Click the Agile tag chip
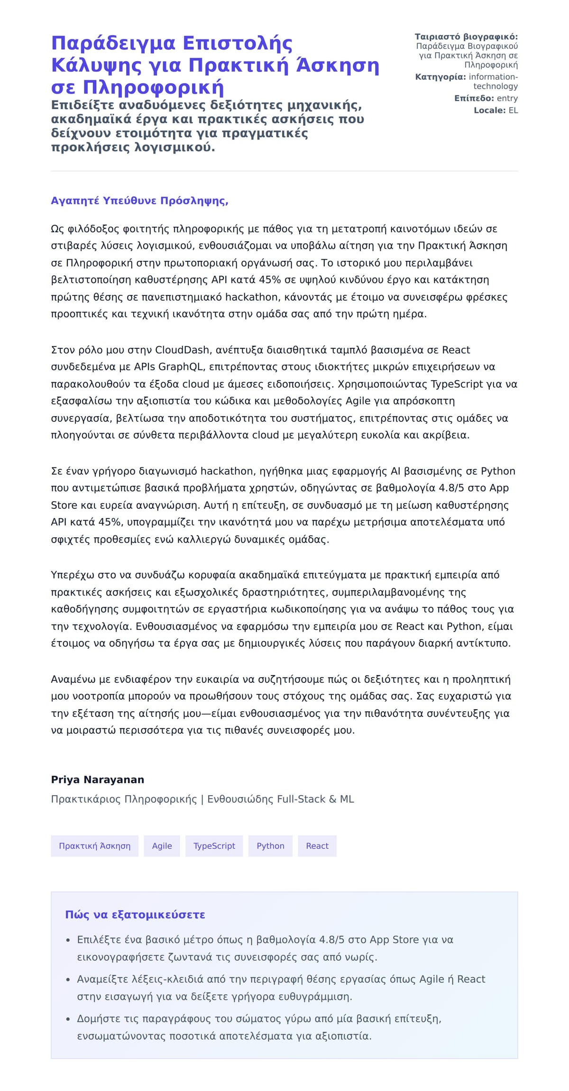pos(162,846)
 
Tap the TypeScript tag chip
pos(214,846)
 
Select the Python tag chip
pos(270,846)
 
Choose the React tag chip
pos(317,846)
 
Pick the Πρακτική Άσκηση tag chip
pos(94,846)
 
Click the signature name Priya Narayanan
pos(98,779)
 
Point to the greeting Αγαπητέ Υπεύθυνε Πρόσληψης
pos(139,201)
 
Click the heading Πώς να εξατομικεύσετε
pos(135,915)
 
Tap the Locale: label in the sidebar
pos(490,110)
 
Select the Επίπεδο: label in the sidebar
pos(474,98)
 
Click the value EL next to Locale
pos(513,110)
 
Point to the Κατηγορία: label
pos(441,77)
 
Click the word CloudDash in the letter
pos(182,350)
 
